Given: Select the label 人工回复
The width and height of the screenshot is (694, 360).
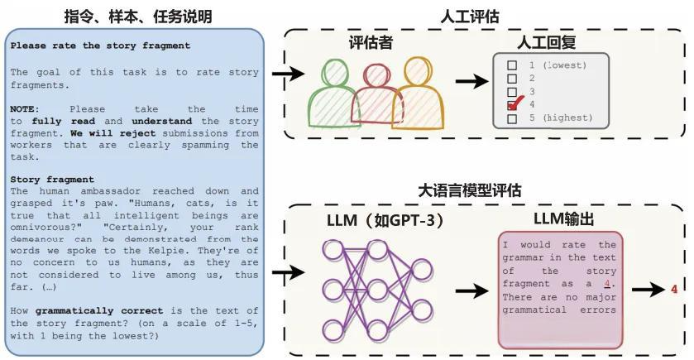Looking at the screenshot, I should point(547,43).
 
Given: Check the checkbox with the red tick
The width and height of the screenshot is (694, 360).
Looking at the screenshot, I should point(513,105).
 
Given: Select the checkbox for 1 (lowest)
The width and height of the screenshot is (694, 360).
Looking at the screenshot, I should point(512,65).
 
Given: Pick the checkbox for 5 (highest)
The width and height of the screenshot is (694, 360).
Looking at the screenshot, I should point(512,118).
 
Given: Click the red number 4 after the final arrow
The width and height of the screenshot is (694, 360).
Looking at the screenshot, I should point(675,289).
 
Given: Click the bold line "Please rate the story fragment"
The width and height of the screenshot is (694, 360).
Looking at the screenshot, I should point(100,46).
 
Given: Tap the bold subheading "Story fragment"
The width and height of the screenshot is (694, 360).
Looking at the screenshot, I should point(52,180).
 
